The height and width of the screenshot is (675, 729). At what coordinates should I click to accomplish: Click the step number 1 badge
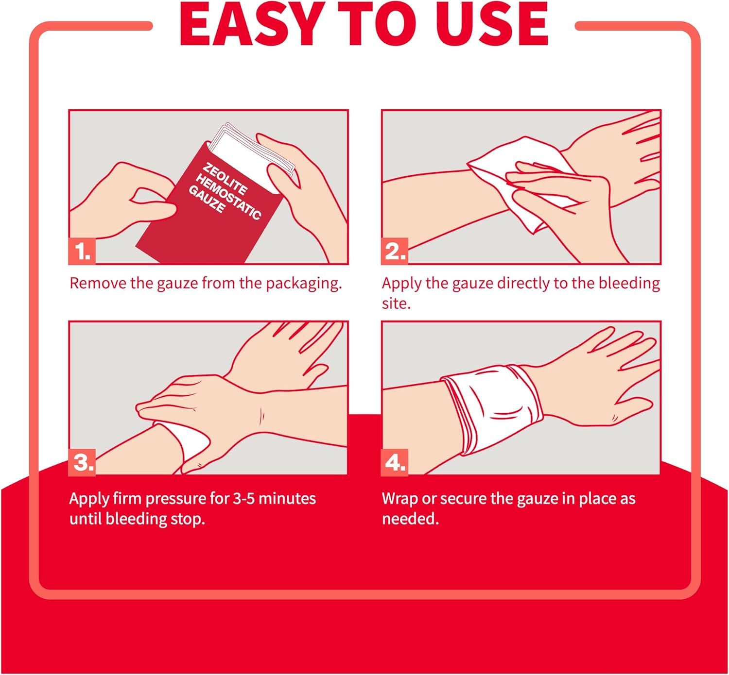click(x=82, y=252)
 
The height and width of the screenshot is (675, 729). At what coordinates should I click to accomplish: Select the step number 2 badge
click(x=395, y=252)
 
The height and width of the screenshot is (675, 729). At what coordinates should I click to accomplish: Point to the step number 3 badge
click(x=82, y=462)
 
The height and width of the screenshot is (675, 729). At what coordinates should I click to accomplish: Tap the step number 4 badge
click(x=395, y=462)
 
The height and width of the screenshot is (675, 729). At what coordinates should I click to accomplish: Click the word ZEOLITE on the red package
click(x=225, y=178)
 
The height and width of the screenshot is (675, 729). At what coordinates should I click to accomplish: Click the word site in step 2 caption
click(x=396, y=304)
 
